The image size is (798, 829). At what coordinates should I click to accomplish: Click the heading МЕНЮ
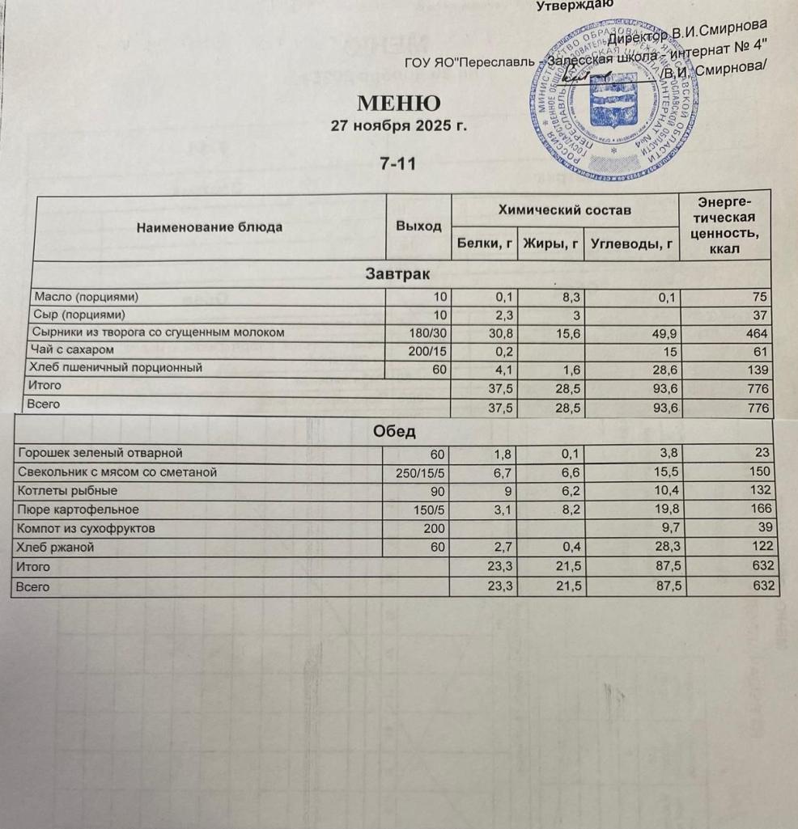pos(399,104)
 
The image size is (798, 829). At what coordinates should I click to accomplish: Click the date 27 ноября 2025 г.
pos(399,127)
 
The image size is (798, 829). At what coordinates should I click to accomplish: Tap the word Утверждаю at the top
pos(575,5)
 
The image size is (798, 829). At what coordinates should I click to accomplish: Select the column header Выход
pos(418,226)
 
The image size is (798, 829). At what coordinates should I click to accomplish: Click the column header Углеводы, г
pos(632,242)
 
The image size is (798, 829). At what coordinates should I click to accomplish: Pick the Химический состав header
pos(563,210)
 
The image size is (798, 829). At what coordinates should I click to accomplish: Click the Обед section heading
pos(395,432)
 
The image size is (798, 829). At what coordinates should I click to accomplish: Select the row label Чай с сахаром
pos(73,349)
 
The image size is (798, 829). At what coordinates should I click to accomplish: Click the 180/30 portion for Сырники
pos(428,332)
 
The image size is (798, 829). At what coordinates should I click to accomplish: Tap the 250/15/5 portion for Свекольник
pos(422,472)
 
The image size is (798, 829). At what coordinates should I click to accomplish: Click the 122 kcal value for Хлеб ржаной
pos(761,548)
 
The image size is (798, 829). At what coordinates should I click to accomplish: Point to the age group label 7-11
pos(397,163)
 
